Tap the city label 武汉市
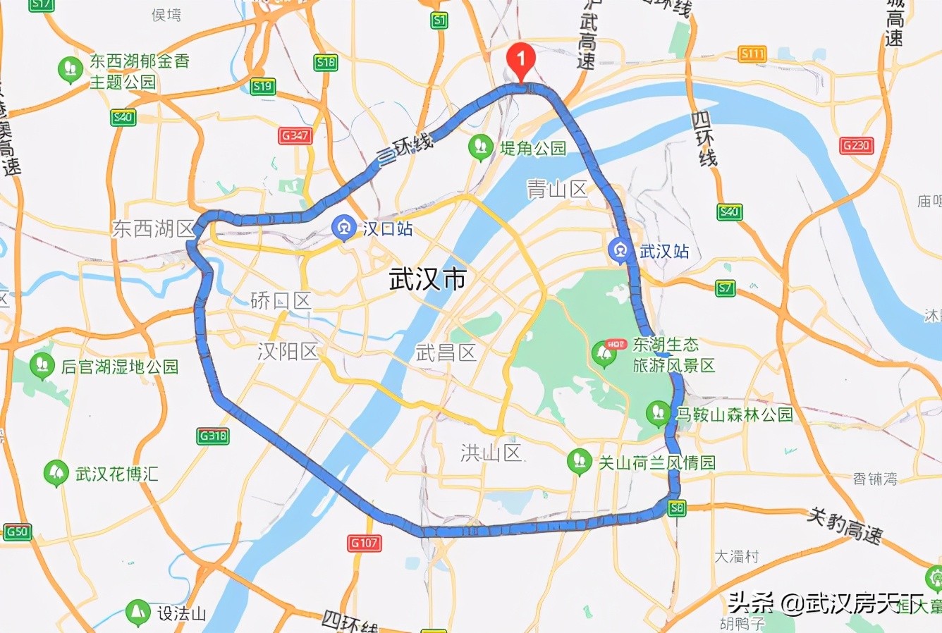428,280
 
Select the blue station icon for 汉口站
344,228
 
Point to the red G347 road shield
295,135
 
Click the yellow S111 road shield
752,54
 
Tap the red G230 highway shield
857,146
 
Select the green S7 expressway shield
725,288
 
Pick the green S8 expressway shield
677,508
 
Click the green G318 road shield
213,436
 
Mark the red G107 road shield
365,543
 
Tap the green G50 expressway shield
17,531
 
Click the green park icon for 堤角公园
481,147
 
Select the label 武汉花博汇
116,474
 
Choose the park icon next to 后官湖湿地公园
42,365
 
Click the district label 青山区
557,189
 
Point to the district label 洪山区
491,453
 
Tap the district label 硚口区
281,302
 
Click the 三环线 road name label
404,149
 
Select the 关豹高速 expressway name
844,525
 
